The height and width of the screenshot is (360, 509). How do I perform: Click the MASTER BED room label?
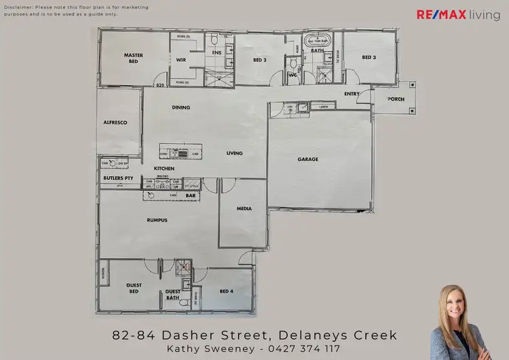click(132, 58)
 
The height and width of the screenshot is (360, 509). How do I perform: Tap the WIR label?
click(181, 60)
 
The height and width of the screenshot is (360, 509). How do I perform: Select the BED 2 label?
click(259, 60)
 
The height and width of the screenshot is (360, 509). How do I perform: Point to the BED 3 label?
click(368, 58)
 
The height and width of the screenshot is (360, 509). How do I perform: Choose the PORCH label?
click(396, 99)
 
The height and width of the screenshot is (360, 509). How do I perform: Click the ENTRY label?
click(352, 94)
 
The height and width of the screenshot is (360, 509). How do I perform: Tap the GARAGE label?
click(307, 160)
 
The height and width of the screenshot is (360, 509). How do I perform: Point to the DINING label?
click(181, 107)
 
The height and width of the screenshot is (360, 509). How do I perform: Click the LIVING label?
click(234, 154)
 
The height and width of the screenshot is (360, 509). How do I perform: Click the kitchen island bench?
click(180, 151)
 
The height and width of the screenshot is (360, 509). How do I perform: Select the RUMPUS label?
click(157, 220)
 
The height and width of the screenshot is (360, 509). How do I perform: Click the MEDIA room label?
click(244, 209)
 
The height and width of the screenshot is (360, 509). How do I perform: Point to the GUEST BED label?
click(133, 287)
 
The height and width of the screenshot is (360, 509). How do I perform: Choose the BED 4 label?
click(227, 291)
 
